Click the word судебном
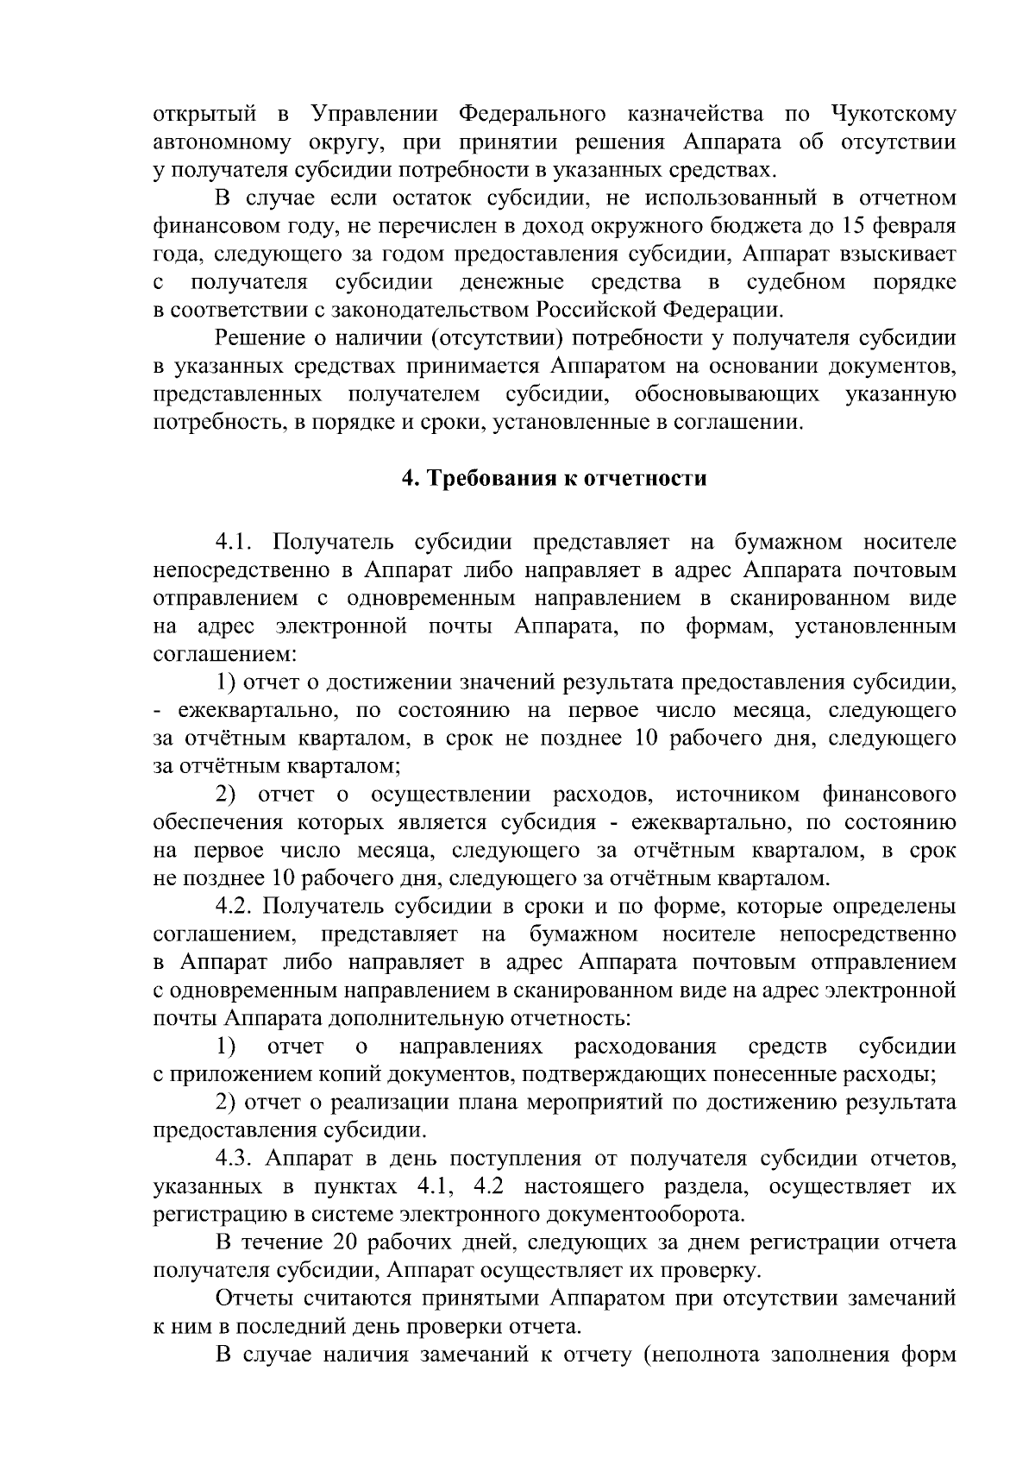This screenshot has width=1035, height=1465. point(794,283)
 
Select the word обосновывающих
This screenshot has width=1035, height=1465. point(726,395)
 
